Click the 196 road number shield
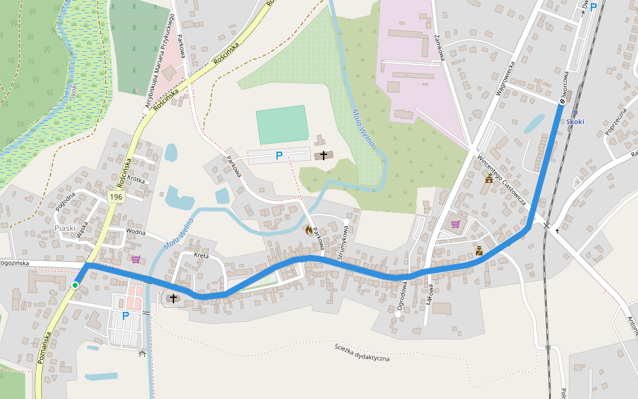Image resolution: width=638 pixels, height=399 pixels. pos(117,197)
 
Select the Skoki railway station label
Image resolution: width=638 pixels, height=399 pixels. pos(576,122)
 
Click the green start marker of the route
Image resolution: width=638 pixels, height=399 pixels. pos(75,285)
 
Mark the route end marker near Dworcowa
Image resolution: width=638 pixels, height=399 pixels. pos(562,101)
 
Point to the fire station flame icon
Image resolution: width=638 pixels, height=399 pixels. pos(308,230)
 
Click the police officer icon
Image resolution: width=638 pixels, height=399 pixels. pos(479,251)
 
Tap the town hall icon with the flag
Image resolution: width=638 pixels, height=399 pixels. pos(489,179)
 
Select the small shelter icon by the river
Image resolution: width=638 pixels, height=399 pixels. pos(142,352)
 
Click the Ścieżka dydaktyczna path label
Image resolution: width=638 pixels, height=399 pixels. pos(362,352)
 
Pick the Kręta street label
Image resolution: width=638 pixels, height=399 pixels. pos(201,255)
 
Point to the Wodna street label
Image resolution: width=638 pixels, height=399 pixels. pos(135,232)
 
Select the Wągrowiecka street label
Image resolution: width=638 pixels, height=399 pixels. pos(506,79)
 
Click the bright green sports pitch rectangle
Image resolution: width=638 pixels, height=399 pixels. pos(282,124)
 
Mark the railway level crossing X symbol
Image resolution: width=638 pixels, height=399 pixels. pos(546,226)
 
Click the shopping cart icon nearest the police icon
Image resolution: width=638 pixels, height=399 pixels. pos(455,223)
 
